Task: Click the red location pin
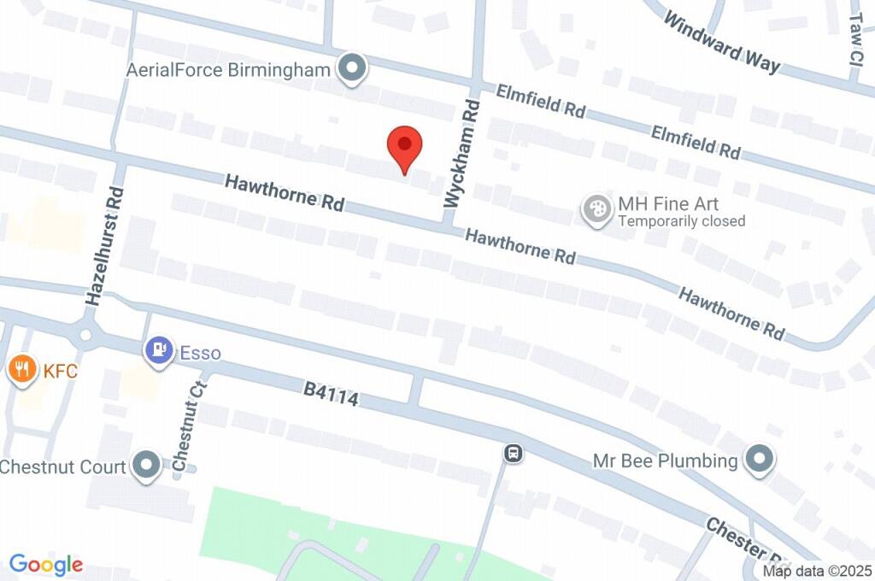tap(404, 149)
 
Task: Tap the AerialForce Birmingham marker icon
tap(350, 69)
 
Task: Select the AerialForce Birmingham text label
tap(228, 69)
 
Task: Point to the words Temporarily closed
tap(682, 221)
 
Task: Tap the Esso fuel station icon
tap(159, 350)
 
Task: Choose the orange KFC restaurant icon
tap(21, 369)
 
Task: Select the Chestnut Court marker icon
tap(149, 467)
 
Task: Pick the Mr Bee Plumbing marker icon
tap(758, 461)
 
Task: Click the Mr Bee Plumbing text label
tap(665, 461)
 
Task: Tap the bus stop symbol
tap(514, 453)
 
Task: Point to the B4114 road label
tap(331, 394)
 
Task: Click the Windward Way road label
tap(722, 43)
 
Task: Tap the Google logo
tap(46, 564)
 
